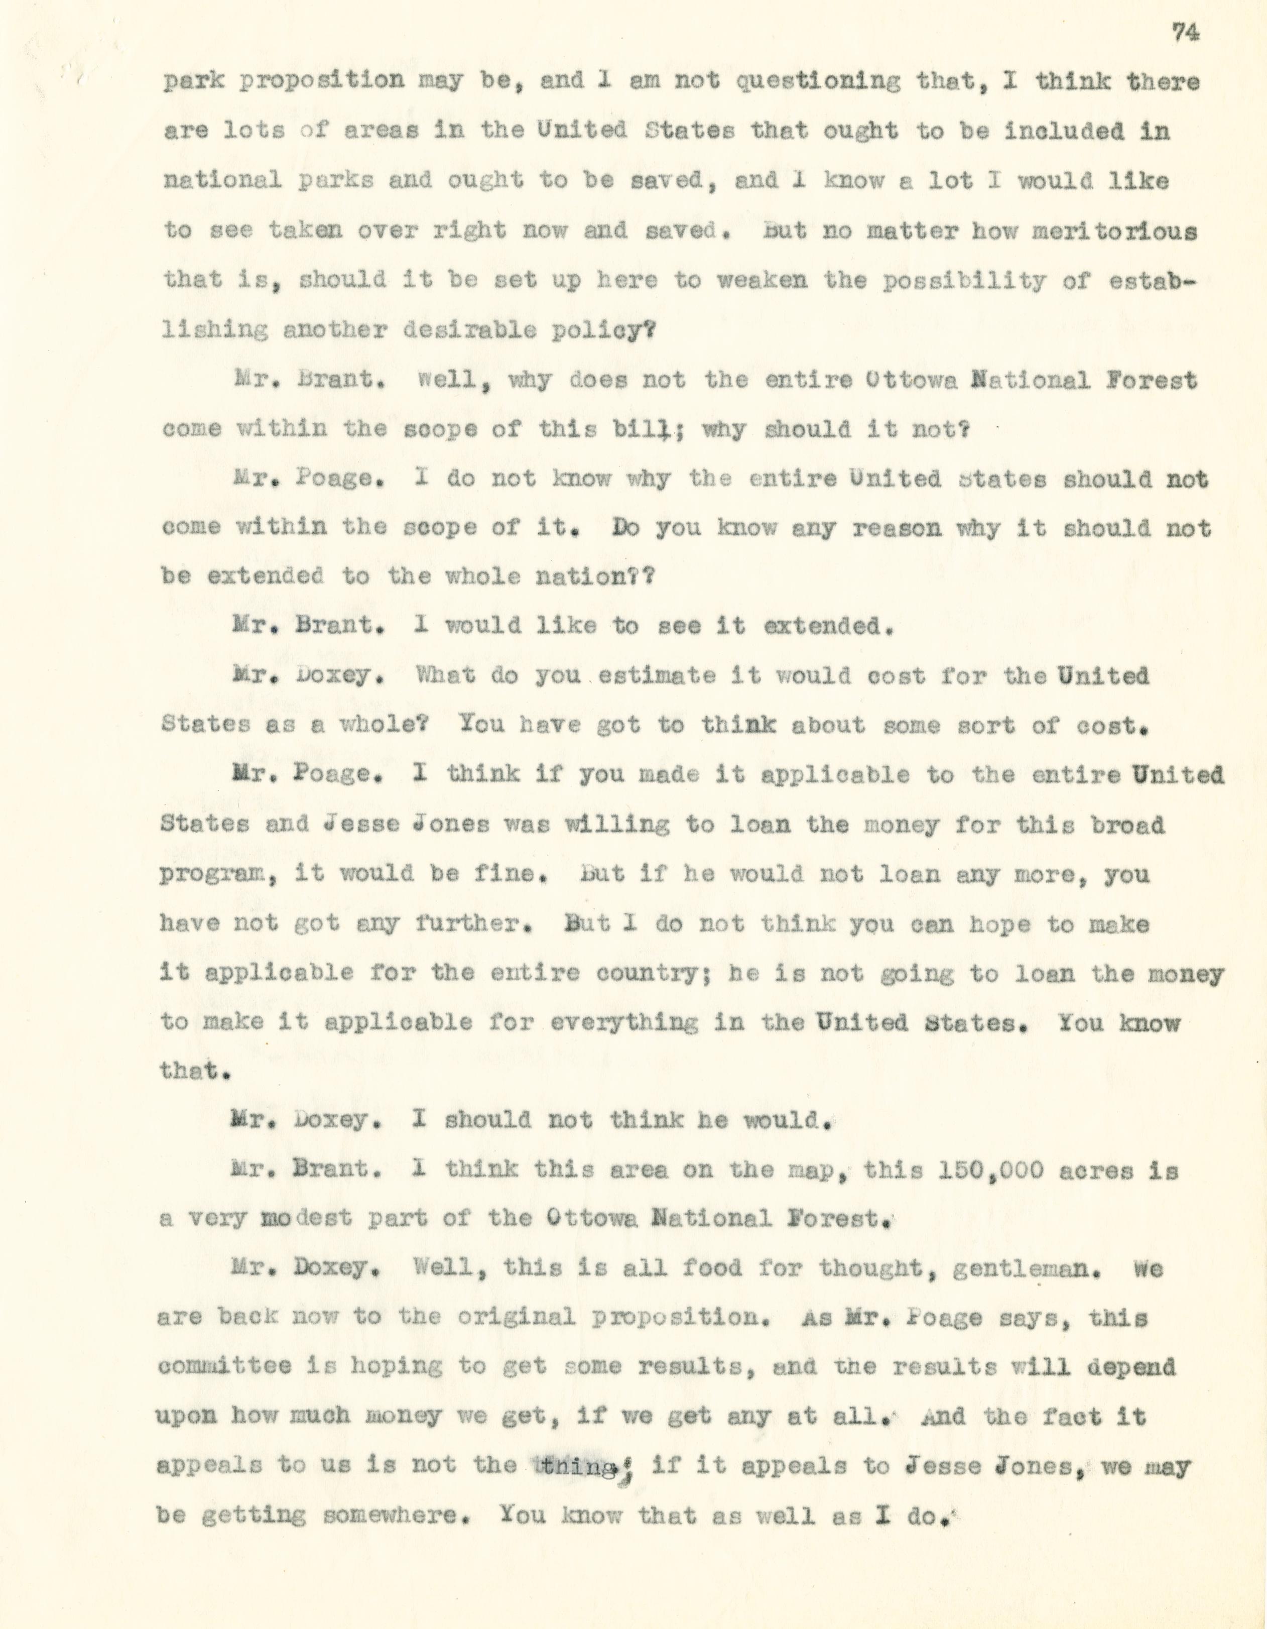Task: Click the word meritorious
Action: point(1113,231)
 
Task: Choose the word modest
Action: point(305,1218)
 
